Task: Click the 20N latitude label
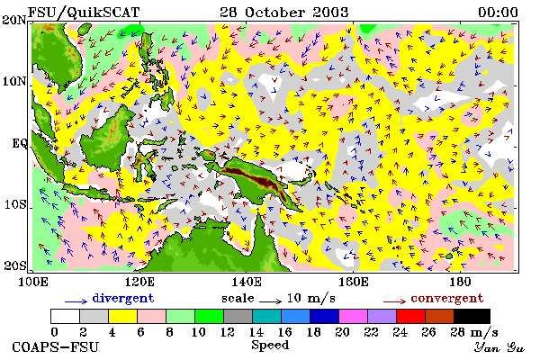click(14, 20)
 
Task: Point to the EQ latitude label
click(20, 143)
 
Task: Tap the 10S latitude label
click(15, 204)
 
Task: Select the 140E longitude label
click(246, 282)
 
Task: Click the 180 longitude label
click(460, 282)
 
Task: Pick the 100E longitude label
click(33, 282)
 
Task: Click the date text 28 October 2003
click(284, 13)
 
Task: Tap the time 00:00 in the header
click(498, 13)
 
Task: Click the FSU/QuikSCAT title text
click(84, 13)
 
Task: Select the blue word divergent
click(123, 298)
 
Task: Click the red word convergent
click(447, 298)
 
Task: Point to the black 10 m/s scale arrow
click(270, 301)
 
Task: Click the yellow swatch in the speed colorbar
click(123, 316)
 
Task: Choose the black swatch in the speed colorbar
click(472, 316)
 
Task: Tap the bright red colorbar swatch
click(410, 316)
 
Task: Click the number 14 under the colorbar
click(256, 332)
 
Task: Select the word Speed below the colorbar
click(270, 345)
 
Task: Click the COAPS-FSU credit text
click(55, 346)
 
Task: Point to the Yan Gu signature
click(499, 347)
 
